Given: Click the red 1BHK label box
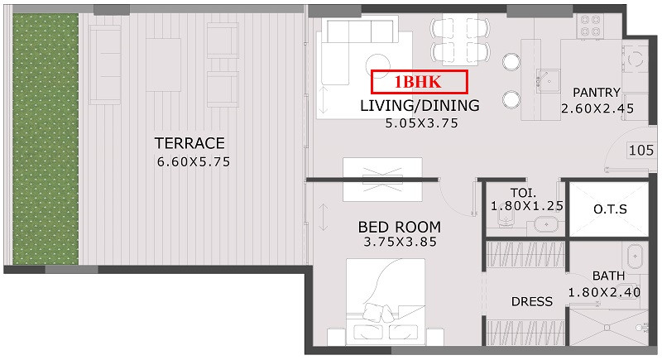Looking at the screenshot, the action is click(x=420, y=82).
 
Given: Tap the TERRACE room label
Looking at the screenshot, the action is click(x=189, y=143).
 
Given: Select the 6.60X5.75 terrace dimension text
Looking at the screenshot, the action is click(x=194, y=161).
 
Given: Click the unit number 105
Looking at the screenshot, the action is click(x=641, y=151).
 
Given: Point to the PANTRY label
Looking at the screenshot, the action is click(x=597, y=93).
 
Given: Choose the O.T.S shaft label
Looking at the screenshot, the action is click(x=610, y=209).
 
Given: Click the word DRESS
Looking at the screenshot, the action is click(x=532, y=301).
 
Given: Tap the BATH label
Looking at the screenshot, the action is click(x=608, y=276).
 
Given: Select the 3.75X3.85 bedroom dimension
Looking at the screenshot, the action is click(x=400, y=242).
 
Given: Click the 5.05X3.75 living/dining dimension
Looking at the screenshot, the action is click(x=421, y=122).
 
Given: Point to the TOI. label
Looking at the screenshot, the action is click(x=524, y=194).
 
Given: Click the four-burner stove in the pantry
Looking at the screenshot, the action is click(x=590, y=26).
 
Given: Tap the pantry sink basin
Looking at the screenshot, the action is click(x=548, y=81).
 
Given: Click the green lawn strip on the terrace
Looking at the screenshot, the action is click(x=46, y=139).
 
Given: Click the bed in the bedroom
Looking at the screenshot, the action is click(x=386, y=302).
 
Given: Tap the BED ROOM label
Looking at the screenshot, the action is click(x=400, y=227).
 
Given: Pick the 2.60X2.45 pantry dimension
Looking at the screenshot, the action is click(x=597, y=108).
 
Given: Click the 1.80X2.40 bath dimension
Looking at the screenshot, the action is click(x=604, y=292).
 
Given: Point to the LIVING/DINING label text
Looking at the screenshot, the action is click(x=420, y=105).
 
